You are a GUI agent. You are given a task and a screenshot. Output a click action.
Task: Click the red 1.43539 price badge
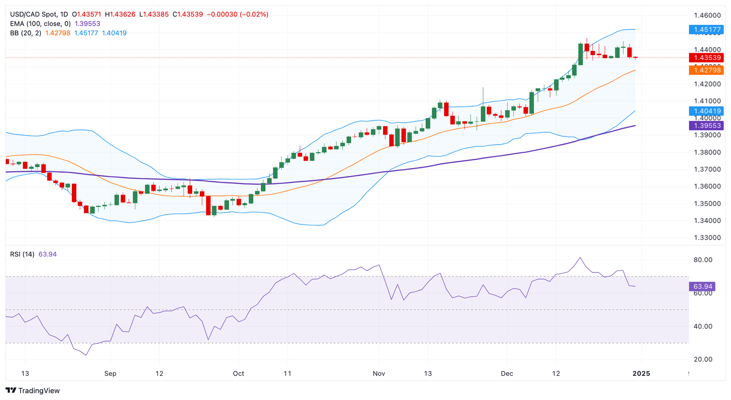706,58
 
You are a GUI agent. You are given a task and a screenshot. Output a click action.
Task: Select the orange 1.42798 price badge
706,70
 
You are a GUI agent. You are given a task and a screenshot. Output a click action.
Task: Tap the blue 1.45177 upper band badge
706,29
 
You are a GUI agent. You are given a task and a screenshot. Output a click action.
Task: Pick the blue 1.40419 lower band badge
706,111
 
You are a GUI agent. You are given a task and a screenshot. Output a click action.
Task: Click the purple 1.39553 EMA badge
706,126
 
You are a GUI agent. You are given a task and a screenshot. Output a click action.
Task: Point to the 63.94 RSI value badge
702,286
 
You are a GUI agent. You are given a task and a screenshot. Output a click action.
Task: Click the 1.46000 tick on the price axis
707,15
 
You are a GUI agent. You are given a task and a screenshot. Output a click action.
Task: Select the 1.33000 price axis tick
707,238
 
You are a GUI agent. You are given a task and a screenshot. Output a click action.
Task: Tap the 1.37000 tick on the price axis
707,169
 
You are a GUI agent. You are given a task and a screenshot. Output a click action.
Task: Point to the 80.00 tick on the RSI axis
703,260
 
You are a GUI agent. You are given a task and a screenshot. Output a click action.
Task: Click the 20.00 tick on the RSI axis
703,360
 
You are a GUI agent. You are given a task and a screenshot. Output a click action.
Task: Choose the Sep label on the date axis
110,373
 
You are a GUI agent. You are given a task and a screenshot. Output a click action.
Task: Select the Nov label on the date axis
379,373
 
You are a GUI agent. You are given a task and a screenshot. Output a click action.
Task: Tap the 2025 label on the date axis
641,373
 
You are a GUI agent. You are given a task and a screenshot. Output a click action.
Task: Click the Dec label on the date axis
507,373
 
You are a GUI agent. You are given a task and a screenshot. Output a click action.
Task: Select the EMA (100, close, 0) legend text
40,24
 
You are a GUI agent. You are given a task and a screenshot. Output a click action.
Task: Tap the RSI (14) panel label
22,254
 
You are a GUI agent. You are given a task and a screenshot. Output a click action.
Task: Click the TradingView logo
33,390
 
